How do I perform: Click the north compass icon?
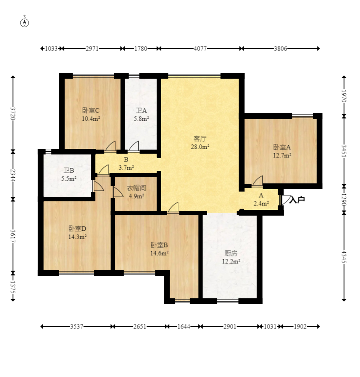tap(24, 22)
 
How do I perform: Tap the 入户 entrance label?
tap(297, 200)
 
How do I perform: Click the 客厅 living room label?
tap(200, 139)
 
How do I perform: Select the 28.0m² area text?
tap(200, 147)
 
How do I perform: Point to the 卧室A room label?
tap(282, 147)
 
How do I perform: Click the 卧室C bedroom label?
tap(91, 110)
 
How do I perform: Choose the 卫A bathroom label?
tap(141, 110)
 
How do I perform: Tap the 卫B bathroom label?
tap(69, 171)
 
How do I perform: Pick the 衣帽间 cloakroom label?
tap(136, 188)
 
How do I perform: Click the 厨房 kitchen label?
tap(231, 253)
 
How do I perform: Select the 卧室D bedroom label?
tap(77, 229)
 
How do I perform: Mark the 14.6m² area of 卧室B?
tap(159, 253)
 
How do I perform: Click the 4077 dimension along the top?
tap(200, 49)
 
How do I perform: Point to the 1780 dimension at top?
tap(141, 49)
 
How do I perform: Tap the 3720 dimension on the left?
tap(13, 113)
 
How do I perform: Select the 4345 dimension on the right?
tap(344, 257)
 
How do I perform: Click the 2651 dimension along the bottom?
tap(140, 326)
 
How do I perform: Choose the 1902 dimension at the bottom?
tap(300, 326)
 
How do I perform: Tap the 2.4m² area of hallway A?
tap(261, 204)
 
